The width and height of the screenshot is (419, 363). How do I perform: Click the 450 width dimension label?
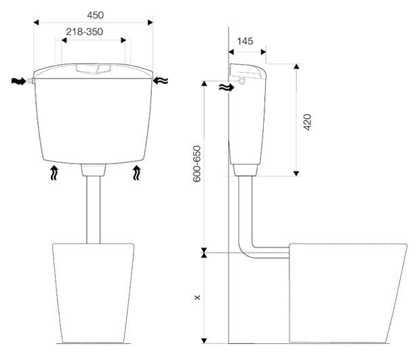[96, 15]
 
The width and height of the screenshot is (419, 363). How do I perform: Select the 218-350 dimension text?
[85, 32]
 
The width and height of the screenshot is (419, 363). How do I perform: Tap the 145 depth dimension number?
[245, 41]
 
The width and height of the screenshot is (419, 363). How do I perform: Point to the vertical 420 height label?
[308, 122]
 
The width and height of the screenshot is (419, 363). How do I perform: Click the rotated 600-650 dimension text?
[197, 164]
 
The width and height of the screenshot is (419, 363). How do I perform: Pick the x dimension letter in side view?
[197, 297]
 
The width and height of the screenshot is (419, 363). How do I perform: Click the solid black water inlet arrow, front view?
[19, 81]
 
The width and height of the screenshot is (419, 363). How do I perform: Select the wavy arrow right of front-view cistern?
[161, 80]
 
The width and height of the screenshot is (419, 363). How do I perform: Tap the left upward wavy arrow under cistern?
[54, 172]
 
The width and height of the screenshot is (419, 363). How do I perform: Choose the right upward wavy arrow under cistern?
[136, 172]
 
